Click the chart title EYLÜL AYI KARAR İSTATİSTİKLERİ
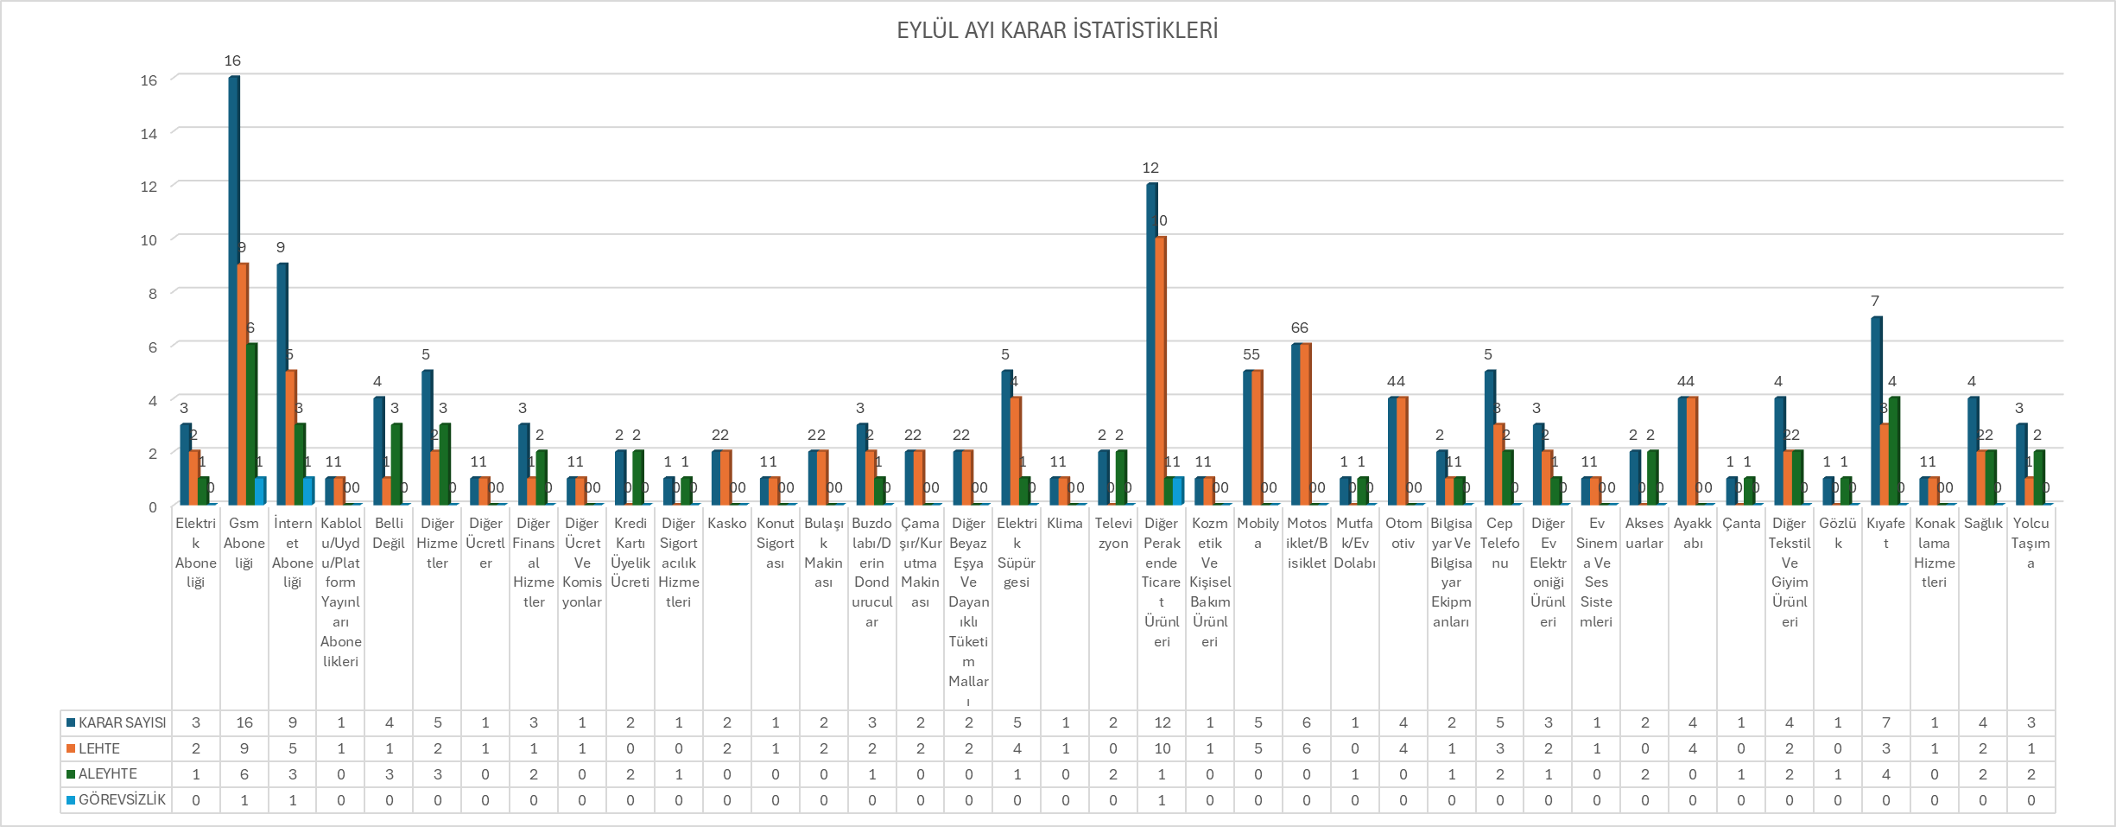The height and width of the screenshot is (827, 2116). (1057, 30)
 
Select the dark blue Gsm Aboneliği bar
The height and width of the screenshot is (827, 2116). (234, 285)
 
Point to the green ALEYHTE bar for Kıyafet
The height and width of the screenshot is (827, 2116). (1893, 449)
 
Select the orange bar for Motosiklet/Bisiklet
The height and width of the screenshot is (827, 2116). (1305, 423)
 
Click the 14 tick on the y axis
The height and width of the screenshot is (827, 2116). (149, 134)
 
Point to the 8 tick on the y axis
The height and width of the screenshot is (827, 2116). (153, 294)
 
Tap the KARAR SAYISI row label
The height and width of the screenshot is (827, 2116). (122, 722)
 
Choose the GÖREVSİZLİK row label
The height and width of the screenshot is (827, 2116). (122, 799)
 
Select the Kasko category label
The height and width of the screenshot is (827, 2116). (726, 524)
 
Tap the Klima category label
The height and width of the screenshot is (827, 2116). (1064, 524)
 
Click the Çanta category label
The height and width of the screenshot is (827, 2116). (1740, 524)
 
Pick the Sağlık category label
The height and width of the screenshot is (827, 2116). (1982, 524)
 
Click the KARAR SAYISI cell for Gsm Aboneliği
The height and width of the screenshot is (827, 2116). (244, 722)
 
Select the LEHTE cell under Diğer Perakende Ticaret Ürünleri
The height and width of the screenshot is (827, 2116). (1162, 748)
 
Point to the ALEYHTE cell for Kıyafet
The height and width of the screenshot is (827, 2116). (1885, 773)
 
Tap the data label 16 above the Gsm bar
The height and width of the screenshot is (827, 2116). (232, 60)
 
